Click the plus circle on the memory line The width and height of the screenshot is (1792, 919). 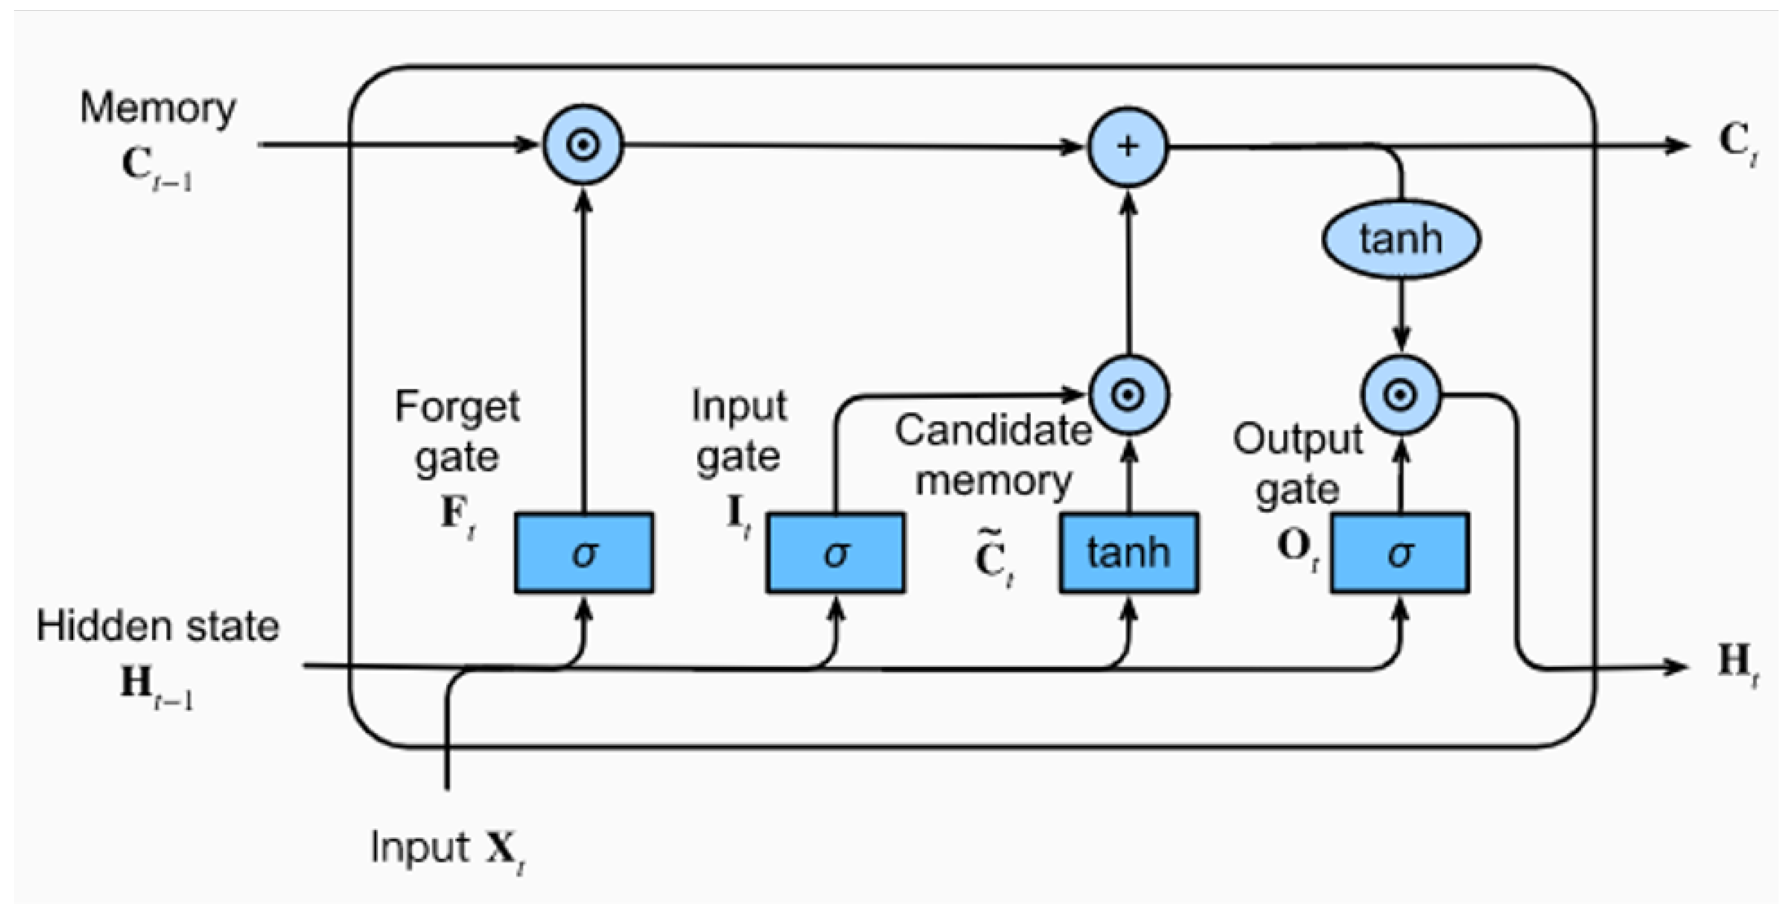click(x=1128, y=147)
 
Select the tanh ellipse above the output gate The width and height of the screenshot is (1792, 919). click(x=1401, y=239)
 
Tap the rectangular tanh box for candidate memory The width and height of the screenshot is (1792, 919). click(x=1128, y=553)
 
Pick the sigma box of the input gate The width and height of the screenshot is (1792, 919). click(x=836, y=553)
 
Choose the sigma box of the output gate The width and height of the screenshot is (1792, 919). click(x=1400, y=553)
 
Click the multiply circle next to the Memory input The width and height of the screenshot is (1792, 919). click(x=583, y=145)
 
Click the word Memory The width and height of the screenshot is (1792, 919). click(x=158, y=109)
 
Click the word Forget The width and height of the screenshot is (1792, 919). click(x=457, y=407)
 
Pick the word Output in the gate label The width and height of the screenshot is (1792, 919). click(x=1297, y=440)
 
